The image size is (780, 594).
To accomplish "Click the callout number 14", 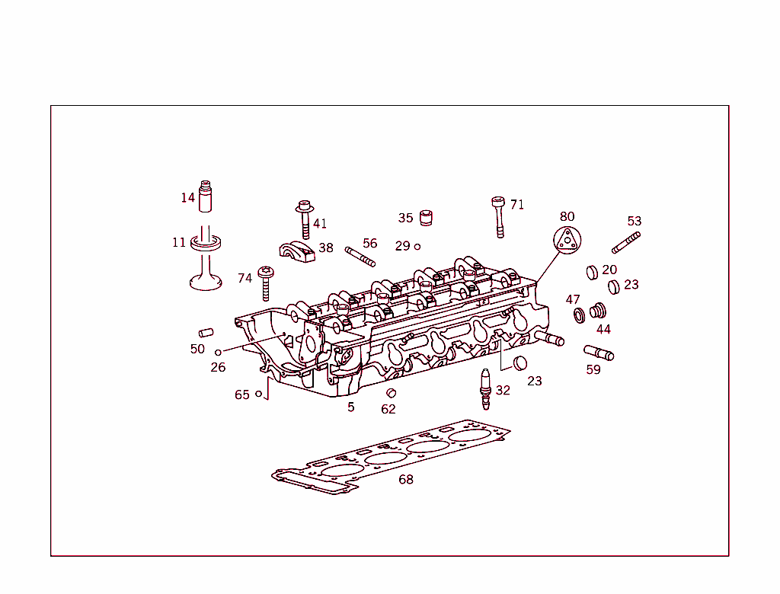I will click(188, 198).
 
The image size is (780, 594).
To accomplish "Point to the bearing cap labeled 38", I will click(297, 251).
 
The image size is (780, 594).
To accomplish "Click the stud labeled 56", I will click(360, 256).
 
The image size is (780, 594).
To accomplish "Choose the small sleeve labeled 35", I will click(427, 217).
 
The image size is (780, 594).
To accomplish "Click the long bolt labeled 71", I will click(499, 217).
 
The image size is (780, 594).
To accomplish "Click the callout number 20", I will click(609, 270).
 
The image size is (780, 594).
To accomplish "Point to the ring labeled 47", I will click(579, 315).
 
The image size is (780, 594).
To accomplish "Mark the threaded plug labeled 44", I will click(599, 311).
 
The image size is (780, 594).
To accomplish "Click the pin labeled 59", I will click(599, 353).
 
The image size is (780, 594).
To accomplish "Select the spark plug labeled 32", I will click(484, 388).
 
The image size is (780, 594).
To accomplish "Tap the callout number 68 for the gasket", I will click(406, 480).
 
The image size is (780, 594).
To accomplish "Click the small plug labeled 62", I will click(392, 393).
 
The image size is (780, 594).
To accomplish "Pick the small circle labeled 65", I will click(259, 394).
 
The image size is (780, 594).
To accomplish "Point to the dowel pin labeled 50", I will click(206, 332).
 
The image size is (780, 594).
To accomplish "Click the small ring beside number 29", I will click(417, 247).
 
